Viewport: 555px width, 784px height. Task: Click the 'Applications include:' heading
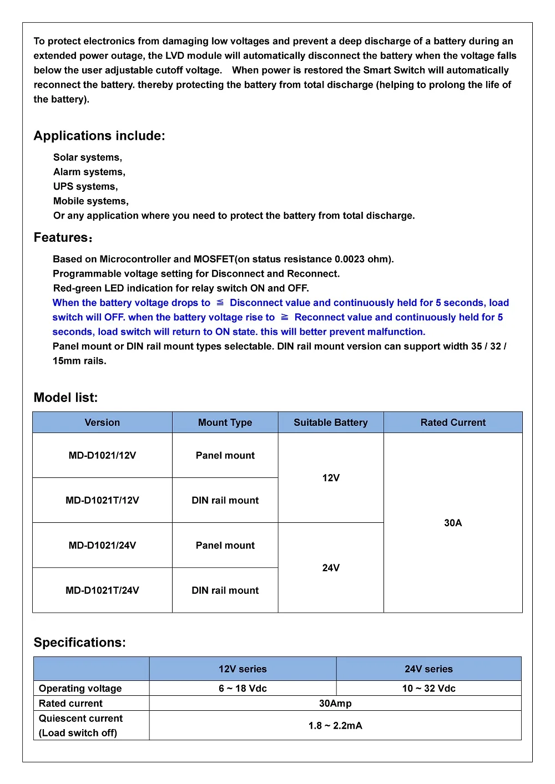tap(99, 136)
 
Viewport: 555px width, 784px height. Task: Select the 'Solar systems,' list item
tap(88, 157)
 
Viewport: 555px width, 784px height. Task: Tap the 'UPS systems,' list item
tap(85, 186)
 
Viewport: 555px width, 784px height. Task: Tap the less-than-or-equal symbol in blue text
tap(220, 302)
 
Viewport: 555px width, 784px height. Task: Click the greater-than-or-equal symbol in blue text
tap(285, 317)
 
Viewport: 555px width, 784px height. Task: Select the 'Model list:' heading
tap(65, 398)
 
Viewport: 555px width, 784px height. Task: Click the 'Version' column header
tap(102, 422)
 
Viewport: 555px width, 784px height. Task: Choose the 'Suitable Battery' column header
tap(331, 422)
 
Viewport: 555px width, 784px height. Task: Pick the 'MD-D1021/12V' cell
tap(102, 455)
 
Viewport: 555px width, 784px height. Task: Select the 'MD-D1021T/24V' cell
tap(102, 590)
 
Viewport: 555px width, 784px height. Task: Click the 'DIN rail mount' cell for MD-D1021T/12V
tap(225, 500)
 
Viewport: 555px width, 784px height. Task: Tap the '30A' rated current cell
tap(453, 523)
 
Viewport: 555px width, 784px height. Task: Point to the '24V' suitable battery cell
tap(331, 568)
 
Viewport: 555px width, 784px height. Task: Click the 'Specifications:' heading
tap(79, 643)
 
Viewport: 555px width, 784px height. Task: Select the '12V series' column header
tap(243, 669)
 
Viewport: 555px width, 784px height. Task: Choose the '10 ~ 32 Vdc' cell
tap(428, 689)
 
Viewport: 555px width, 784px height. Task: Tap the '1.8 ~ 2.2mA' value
tap(335, 726)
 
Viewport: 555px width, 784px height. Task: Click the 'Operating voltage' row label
tap(80, 689)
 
